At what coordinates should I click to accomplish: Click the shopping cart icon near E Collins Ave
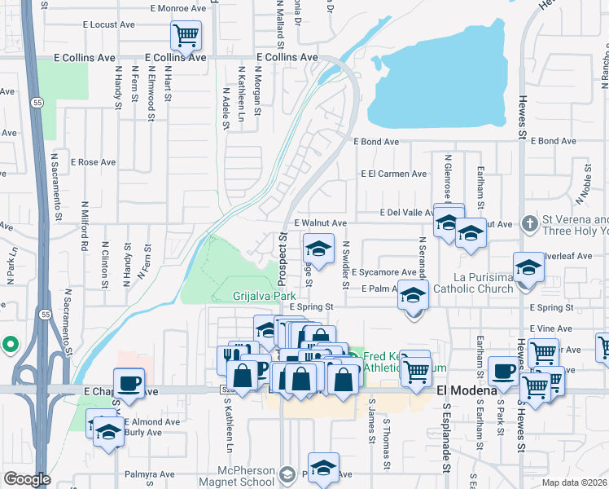pos(186,35)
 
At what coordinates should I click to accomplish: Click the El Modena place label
pos(467,390)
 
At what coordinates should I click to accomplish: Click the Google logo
pos(27,479)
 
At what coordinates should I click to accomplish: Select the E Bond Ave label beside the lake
pos(376,141)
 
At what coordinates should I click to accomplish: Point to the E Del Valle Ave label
pos(410,212)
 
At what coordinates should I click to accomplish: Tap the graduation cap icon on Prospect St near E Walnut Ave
pos(318,248)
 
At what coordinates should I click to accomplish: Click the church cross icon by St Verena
pos(529,222)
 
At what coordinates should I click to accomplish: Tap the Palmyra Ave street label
pos(150,474)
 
